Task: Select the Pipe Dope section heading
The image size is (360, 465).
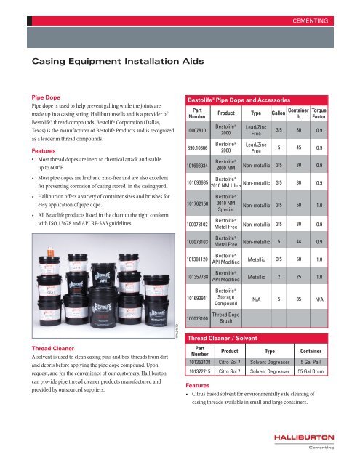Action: pos(45,95)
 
